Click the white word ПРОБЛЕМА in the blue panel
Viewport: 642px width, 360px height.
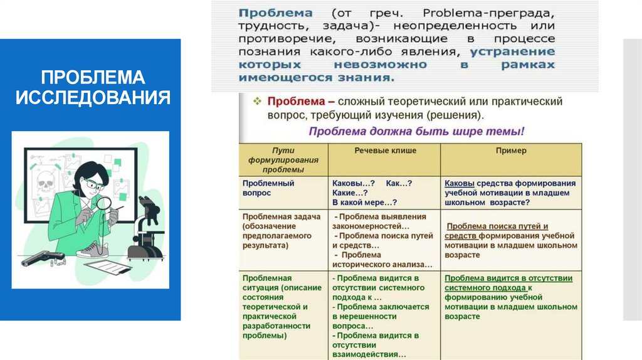pos(93,77)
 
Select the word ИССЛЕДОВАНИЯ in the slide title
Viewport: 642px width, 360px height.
pos(93,97)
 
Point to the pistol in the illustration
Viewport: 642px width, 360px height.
pos(43,257)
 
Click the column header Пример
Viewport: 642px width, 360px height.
pos(511,151)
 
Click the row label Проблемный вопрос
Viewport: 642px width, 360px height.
pos(268,188)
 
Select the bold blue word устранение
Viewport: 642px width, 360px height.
pos(512,52)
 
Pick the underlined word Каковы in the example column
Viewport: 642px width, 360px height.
pos(459,183)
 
